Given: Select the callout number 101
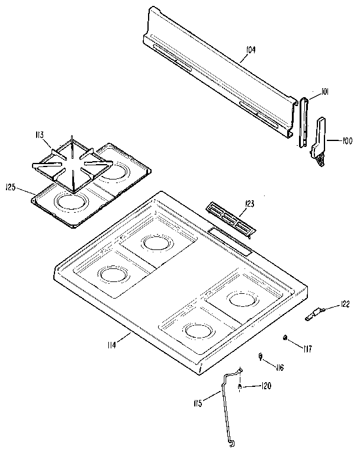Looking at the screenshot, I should click(x=324, y=91).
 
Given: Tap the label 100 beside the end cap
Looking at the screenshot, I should click(x=347, y=140).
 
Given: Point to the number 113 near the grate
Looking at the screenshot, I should click(x=40, y=135).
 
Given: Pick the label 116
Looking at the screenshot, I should click(x=278, y=367).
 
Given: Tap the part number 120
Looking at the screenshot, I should click(x=266, y=386).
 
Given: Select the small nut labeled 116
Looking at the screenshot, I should click(x=261, y=355).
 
